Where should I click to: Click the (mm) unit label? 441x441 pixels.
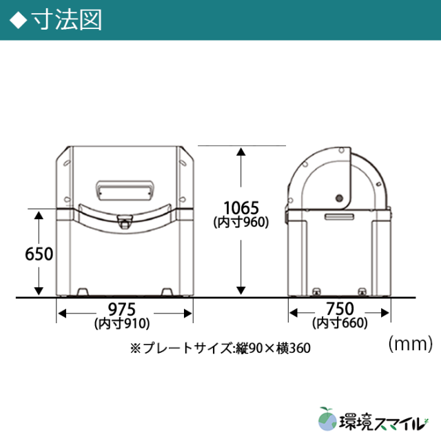409,341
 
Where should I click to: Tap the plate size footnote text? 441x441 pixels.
220,349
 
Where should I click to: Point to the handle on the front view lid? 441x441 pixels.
125,187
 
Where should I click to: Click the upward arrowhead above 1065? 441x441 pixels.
240,152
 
